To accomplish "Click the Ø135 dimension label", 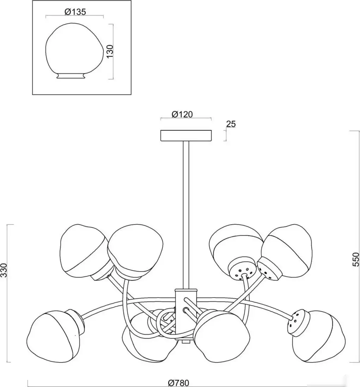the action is point(75,12).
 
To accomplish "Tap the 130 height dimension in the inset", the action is point(110,51).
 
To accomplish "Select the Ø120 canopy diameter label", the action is point(182,114).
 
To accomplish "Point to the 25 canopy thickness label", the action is point(231,124).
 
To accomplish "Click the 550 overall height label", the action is point(355,259).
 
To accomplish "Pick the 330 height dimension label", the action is point(4,271).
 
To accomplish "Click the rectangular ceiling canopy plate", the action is point(186,136).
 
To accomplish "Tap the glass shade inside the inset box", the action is point(74,51).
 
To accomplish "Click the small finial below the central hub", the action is point(186,342).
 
